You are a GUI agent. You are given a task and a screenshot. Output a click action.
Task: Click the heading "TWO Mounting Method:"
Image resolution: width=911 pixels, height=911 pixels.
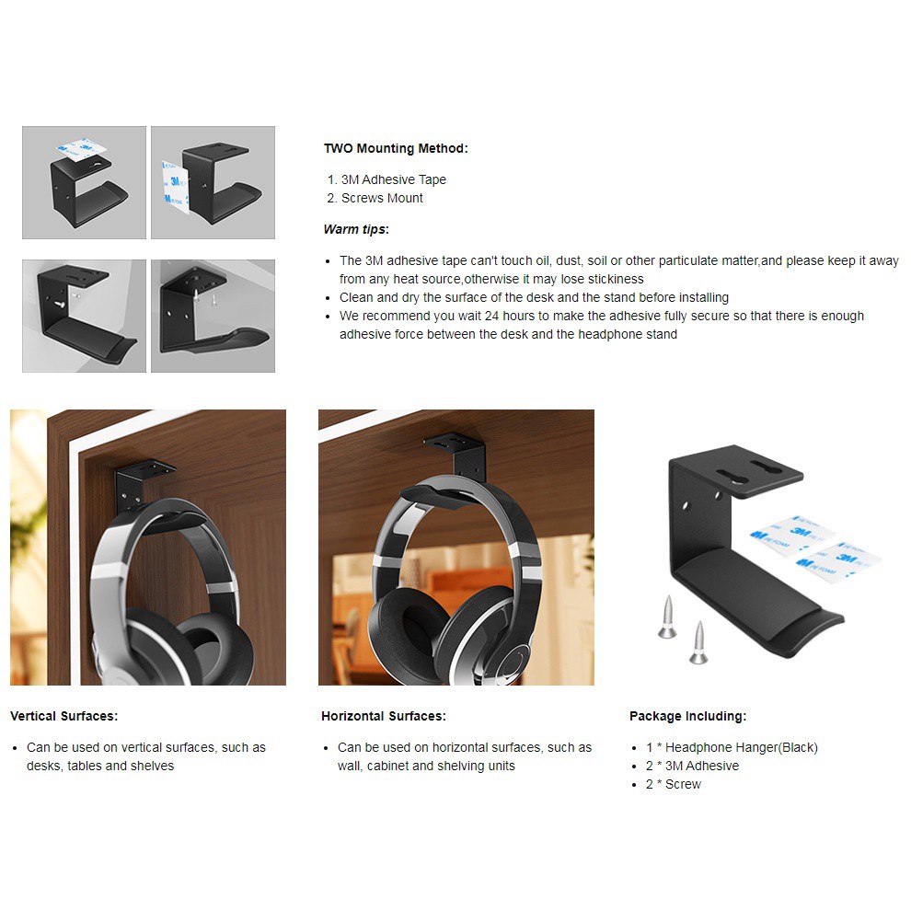(396, 148)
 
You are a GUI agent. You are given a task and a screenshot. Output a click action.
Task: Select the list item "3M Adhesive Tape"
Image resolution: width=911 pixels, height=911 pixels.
(393, 179)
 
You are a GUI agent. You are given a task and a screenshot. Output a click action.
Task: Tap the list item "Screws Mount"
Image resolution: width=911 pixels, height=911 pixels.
(382, 198)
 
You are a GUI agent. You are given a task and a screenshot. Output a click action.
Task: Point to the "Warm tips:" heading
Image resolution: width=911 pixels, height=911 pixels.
(356, 229)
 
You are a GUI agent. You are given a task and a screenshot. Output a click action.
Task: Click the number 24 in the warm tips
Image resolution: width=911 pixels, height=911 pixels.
(492, 316)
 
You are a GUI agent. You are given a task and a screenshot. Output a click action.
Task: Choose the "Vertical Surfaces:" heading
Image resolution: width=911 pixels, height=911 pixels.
(63, 716)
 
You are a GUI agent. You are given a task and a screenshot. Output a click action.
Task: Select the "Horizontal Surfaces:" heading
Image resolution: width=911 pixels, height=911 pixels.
(384, 716)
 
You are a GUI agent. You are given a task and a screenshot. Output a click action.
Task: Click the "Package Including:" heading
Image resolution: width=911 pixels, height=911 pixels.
(688, 716)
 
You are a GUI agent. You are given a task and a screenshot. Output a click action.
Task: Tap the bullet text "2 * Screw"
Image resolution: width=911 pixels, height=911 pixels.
(674, 784)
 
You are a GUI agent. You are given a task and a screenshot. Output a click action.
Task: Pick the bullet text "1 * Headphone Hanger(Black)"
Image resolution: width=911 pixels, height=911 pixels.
(732, 747)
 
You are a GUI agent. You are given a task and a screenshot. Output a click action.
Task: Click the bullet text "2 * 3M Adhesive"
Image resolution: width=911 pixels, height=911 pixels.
(692, 766)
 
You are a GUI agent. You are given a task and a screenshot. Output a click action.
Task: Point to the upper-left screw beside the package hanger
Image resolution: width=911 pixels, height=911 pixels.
(667, 617)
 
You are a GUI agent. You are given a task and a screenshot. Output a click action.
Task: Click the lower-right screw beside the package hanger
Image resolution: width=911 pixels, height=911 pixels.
(698, 642)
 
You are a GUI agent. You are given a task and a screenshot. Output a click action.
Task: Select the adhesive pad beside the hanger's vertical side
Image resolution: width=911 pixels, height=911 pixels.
(175, 187)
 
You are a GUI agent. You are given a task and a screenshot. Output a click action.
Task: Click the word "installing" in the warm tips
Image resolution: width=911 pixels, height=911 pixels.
(704, 297)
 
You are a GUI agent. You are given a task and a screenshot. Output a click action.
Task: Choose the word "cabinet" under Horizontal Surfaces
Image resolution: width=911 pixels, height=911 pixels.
(387, 766)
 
